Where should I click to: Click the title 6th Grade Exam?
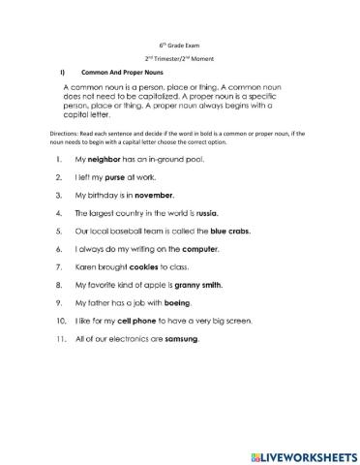180,46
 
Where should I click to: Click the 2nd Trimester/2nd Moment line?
180,59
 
